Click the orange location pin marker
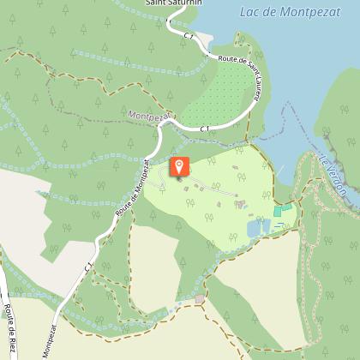coord(179,167)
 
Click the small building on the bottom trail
coord(200,299)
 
